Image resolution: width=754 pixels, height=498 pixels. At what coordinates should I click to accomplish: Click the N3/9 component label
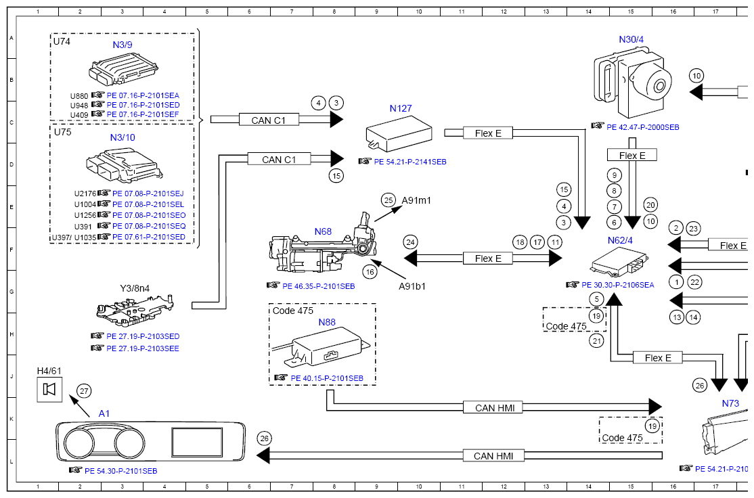(x=123, y=45)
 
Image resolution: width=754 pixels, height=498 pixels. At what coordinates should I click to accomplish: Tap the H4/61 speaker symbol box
(x=49, y=389)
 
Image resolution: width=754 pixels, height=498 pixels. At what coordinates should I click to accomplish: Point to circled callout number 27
(x=84, y=390)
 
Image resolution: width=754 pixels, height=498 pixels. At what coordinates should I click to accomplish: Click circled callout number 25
(x=388, y=200)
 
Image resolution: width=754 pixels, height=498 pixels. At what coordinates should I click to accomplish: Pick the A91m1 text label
(x=416, y=200)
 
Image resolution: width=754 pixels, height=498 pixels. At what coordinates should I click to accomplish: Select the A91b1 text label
(x=412, y=286)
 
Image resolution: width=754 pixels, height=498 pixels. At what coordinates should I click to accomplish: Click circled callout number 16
(x=370, y=271)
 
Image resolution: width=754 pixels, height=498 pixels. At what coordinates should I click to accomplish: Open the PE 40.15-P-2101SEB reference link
(x=327, y=378)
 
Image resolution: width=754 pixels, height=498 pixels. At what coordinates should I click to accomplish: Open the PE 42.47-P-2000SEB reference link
(x=642, y=127)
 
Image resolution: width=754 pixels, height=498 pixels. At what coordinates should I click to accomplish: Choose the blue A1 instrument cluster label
(x=104, y=413)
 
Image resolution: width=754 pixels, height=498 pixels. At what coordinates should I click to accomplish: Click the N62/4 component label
(x=620, y=239)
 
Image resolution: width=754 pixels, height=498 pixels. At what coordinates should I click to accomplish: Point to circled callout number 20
(x=650, y=205)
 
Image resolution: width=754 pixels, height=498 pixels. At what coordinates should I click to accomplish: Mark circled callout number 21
(x=596, y=341)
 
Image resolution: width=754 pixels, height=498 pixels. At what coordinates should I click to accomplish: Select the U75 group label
(x=62, y=133)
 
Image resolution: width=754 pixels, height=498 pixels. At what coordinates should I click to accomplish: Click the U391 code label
(x=83, y=226)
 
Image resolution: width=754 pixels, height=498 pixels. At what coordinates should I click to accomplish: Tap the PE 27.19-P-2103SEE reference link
(x=142, y=348)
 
